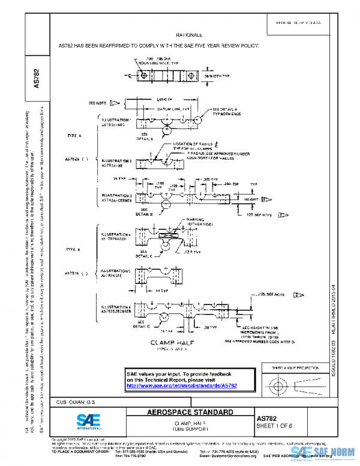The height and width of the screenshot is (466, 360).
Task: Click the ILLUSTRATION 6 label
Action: point(118,309)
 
